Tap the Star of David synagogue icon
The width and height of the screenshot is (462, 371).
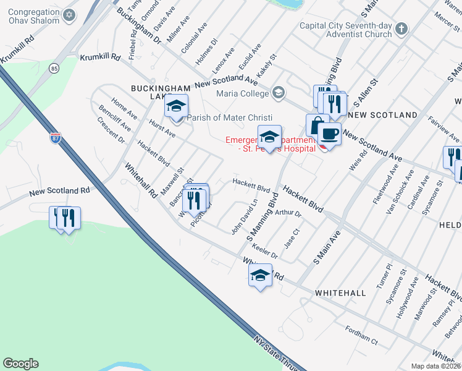coord(69,15)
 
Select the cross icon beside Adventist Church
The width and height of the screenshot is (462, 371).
coord(401,29)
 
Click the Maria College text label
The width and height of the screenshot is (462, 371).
coord(242,93)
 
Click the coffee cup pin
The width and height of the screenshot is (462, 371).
coord(329,134)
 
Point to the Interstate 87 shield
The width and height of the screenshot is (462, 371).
coord(55,138)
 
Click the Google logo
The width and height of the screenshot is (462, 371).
coord(20,364)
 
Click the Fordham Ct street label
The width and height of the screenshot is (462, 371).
coord(361,335)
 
